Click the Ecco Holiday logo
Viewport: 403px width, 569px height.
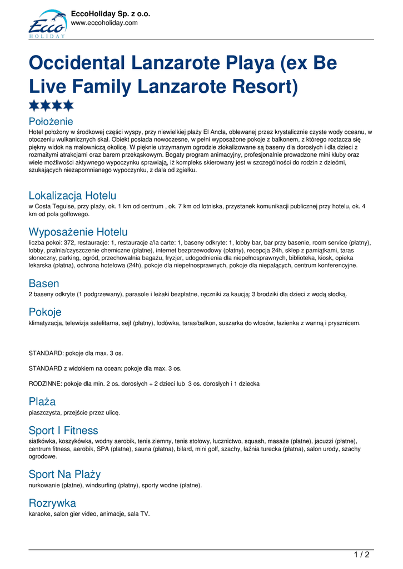47,24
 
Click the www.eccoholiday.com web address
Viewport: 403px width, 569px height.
104,23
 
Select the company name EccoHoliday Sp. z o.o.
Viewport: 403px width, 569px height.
111,14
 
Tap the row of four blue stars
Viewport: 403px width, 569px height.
51,106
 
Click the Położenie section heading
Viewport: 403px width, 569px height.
51,121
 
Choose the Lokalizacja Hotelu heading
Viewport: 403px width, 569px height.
72,196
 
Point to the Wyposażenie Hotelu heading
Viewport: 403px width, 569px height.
78,232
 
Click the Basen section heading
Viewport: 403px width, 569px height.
44,283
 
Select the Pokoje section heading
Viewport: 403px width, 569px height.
45,312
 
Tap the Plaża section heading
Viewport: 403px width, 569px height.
42,401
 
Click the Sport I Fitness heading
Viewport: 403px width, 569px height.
63,430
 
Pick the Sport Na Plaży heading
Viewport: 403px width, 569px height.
64,474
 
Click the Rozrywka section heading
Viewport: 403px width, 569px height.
52,503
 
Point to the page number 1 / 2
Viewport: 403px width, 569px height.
362,555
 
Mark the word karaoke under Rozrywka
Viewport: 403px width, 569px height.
39,514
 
